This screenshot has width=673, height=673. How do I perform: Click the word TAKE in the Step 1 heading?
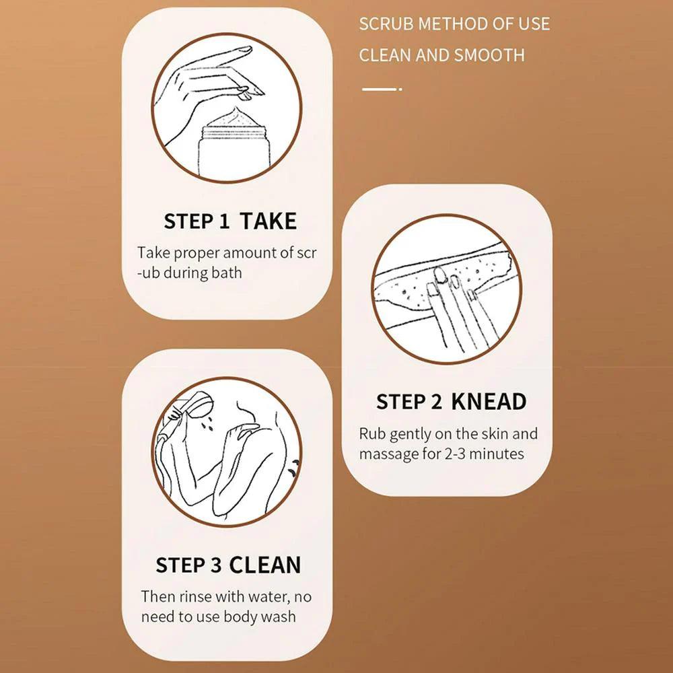(x=269, y=221)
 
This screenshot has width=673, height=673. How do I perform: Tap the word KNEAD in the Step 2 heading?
(x=489, y=402)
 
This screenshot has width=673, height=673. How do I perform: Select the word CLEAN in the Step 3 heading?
(x=264, y=565)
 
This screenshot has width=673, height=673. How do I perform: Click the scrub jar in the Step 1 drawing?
(x=232, y=145)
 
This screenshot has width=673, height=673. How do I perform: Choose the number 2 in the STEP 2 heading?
(x=437, y=402)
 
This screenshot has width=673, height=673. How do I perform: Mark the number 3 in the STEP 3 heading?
(x=216, y=565)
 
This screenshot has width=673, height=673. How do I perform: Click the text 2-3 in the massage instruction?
(x=454, y=454)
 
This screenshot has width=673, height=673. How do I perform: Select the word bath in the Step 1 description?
(x=227, y=273)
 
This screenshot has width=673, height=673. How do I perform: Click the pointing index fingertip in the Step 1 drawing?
(x=248, y=49)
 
